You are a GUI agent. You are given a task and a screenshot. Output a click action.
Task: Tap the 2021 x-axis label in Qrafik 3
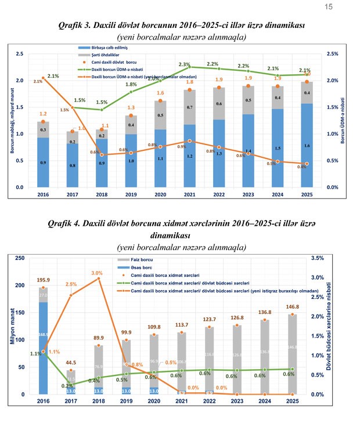tap(189, 196)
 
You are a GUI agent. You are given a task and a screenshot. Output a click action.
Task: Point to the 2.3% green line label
tap(185, 64)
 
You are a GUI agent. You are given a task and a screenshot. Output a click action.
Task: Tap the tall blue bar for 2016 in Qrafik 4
tap(43, 348)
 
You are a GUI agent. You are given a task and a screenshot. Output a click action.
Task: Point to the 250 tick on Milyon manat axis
tap(20, 258)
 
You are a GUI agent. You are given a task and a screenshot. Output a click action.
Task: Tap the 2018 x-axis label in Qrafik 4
tap(99, 401)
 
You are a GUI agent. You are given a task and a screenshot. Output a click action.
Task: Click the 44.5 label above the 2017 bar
tap(70, 363)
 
